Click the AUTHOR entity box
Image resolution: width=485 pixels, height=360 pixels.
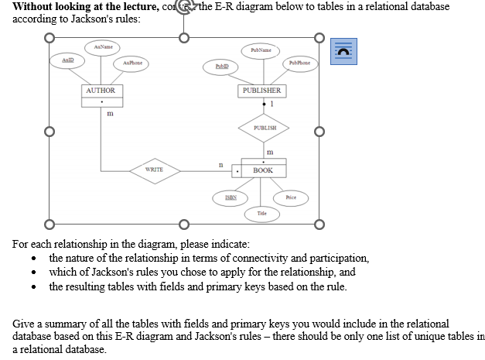coord(101,91)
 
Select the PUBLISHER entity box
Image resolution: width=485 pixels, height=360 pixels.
coord(261,91)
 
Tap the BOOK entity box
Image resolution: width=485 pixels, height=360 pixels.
coord(262,169)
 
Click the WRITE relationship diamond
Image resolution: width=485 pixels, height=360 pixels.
coord(153,169)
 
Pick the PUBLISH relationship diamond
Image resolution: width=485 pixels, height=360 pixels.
coord(264,128)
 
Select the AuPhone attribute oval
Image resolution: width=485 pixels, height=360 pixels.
coord(131,62)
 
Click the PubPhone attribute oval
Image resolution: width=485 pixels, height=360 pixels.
coord(299,62)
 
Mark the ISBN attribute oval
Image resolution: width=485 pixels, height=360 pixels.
coord(230,198)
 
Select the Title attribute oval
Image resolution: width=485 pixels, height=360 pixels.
coord(262,211)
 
